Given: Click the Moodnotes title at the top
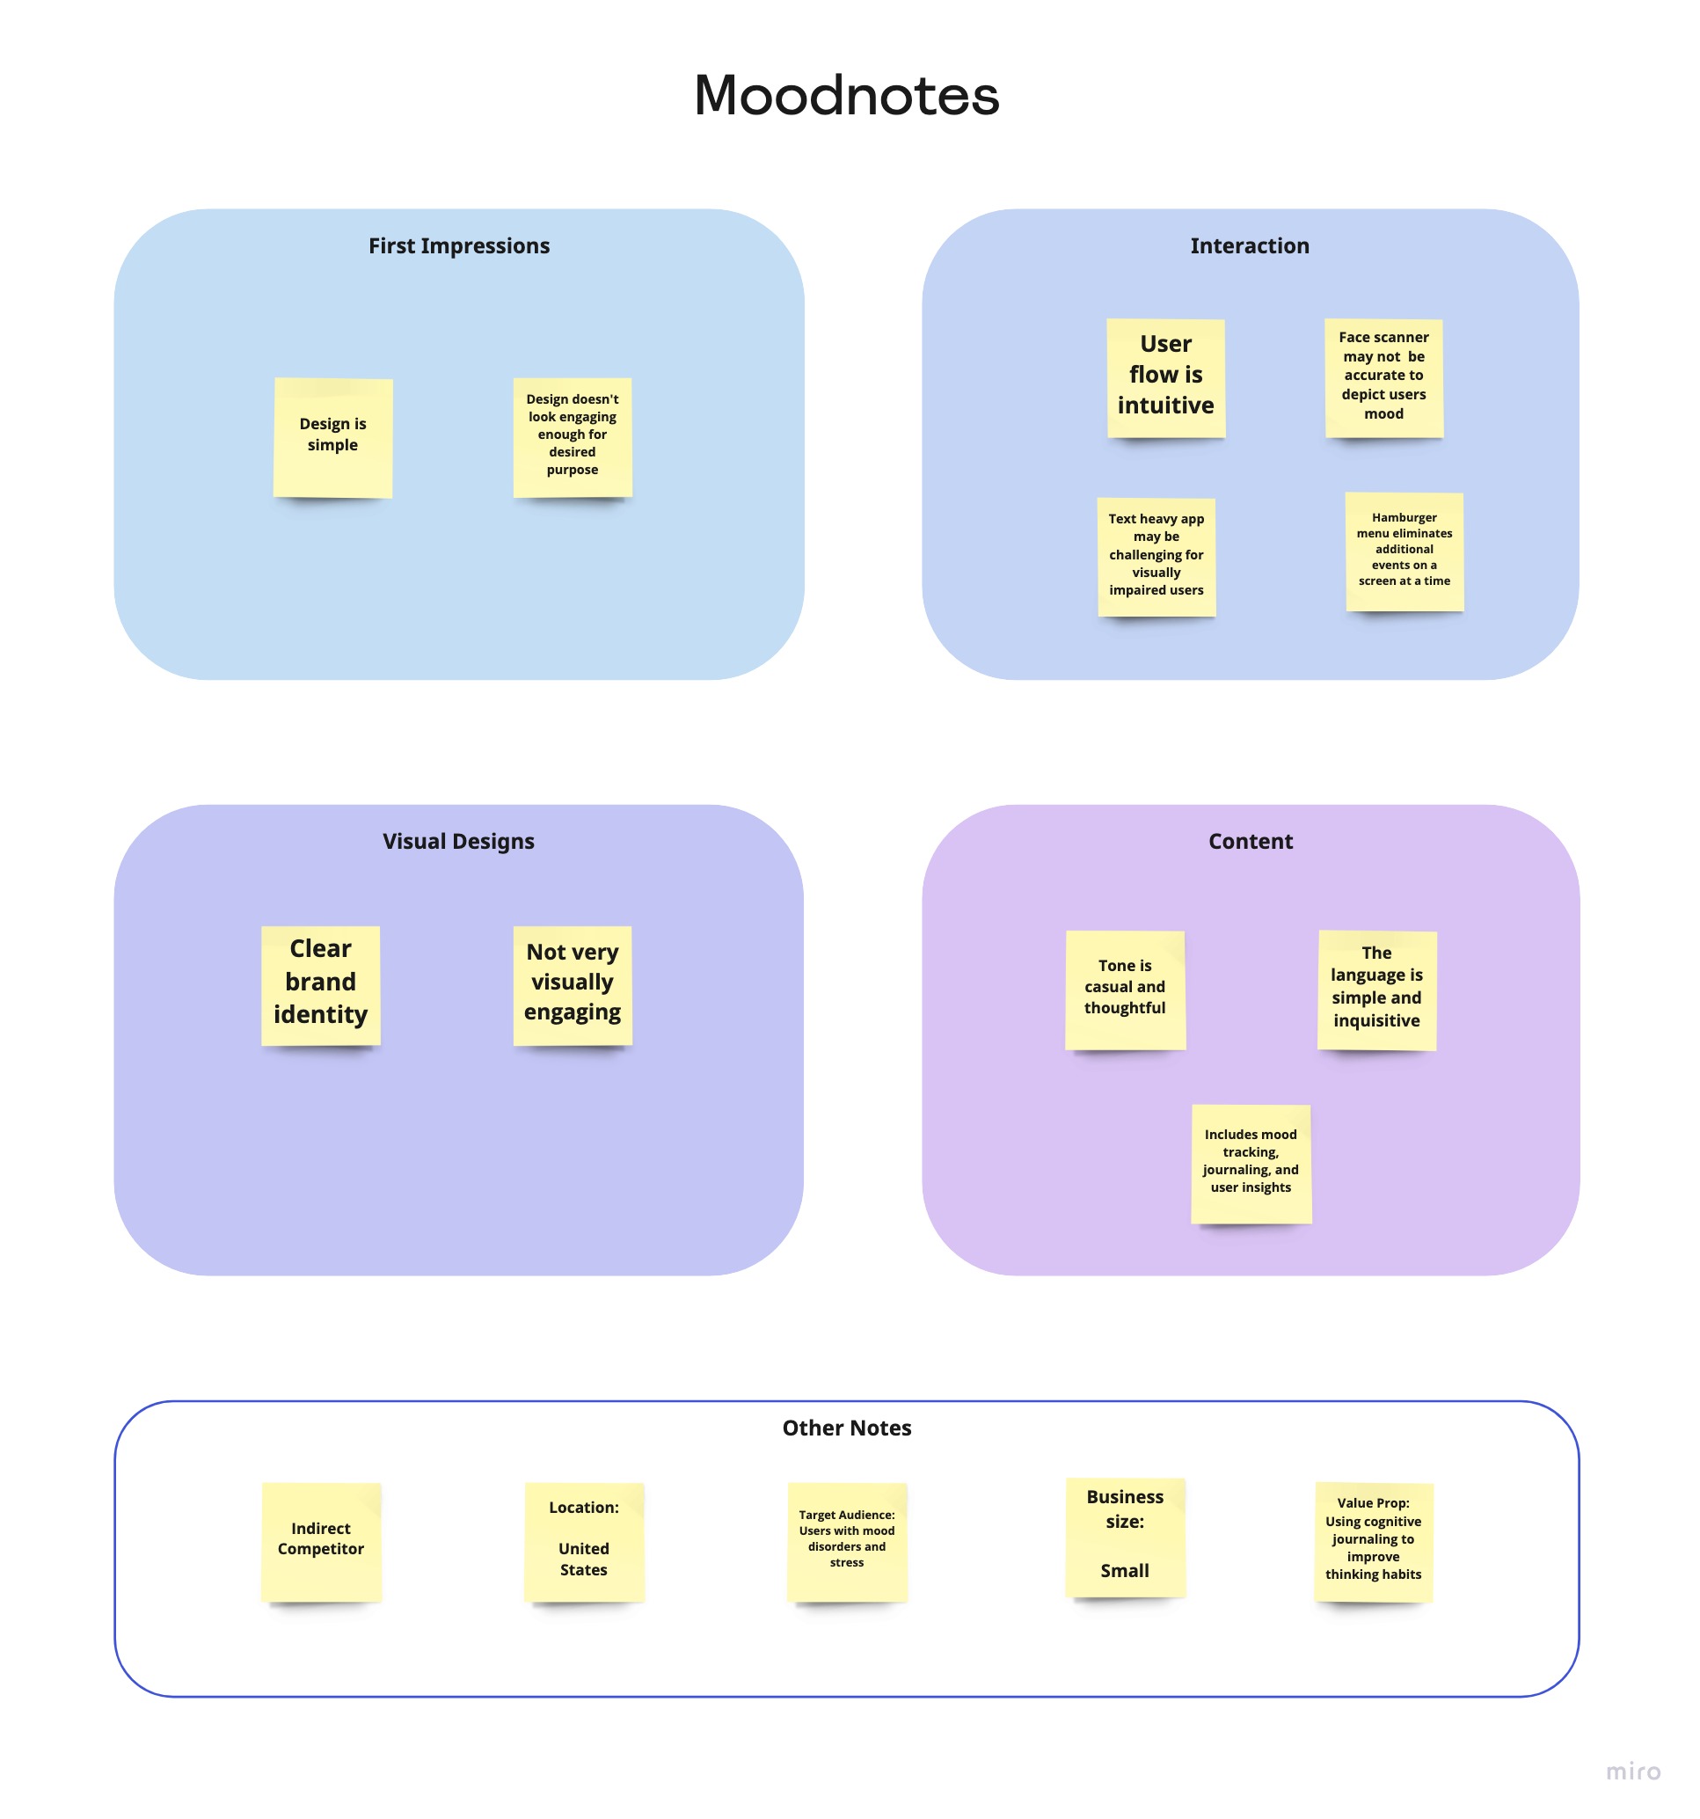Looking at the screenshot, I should click(846, 95).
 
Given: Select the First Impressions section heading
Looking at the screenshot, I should click(458, 245).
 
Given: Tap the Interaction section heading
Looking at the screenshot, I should click(1249, 245).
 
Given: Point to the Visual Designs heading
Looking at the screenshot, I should click(458, 841).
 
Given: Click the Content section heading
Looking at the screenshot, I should click(1250, 841).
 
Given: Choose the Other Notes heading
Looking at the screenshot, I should click(846, 1428).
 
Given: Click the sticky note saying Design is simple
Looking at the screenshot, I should click(333, 437).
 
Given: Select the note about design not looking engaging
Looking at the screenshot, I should click(573, 437).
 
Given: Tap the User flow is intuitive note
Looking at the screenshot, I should click(1165, 377).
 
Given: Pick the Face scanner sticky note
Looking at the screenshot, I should click(1383, 377).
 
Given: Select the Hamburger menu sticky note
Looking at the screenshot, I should click(1405, 551).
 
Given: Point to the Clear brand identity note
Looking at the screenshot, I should click(320, 984).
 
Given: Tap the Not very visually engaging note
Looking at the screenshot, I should click(573, 984).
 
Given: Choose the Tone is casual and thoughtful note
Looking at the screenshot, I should click(1125, 990).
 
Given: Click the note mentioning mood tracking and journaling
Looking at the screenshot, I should click(1251, 1163).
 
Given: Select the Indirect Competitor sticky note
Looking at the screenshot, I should click(321, 1542).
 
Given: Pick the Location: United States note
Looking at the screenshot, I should click(584, 1542).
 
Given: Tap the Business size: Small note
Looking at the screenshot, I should click(1125, 1538).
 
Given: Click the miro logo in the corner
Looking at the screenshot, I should click(1632, 1772).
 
